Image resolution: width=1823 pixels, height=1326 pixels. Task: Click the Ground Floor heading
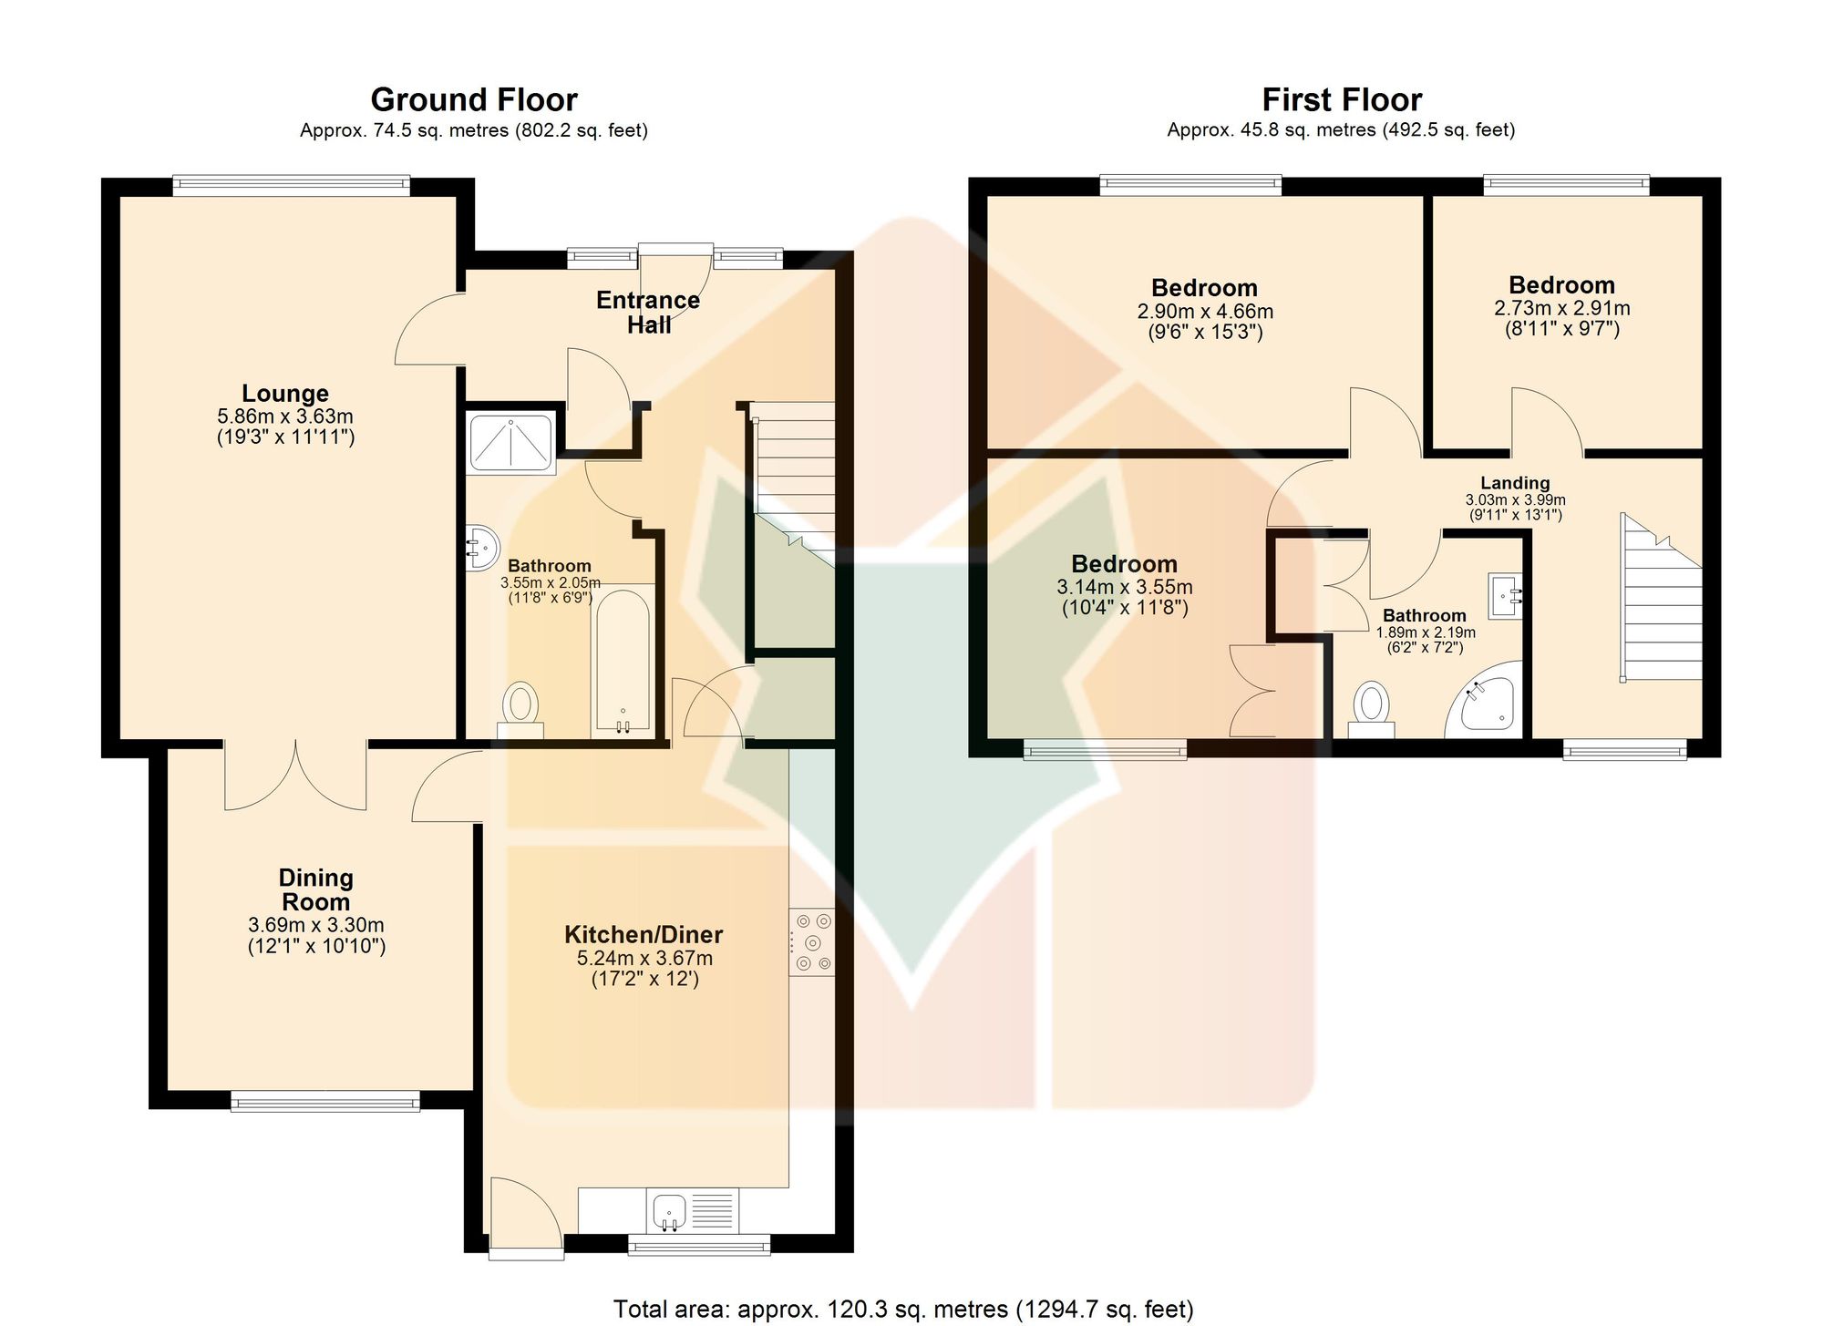coord(474,99)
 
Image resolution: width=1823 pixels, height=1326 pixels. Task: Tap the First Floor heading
coord(1342,99)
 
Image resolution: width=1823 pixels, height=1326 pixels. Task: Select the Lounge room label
coord(285,394)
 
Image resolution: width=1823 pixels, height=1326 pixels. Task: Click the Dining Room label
coord(315,889)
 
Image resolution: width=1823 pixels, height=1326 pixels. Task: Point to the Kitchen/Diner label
coord(644,934)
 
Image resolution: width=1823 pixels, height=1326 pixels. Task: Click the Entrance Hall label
coord(648,313)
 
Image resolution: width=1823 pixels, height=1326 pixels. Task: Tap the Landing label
coord(1515,483)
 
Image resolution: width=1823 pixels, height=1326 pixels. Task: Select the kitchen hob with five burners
coord(812,942)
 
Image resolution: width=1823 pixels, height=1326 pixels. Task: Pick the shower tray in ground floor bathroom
coord(510,443)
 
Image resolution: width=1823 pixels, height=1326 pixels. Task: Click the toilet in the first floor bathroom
coord(1371,709)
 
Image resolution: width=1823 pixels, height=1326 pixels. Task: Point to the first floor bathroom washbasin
coord(1506,596)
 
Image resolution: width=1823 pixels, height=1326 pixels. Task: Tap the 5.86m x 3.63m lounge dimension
coord(285,416)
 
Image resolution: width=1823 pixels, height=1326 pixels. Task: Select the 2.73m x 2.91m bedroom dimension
coord(1562,308)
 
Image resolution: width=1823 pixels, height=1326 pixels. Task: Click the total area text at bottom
coord(903,1310)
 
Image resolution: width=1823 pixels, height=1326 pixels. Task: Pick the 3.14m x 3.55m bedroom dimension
coord(1125,587)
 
